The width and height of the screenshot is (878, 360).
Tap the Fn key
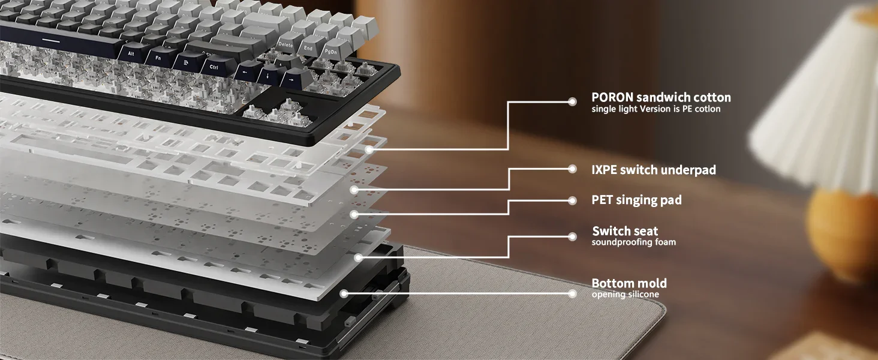point(158,58)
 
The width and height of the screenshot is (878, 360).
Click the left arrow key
point(246,72)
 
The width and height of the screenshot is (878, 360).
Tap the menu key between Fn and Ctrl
point(186,62)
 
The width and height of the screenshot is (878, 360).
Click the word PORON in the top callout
point(612,97)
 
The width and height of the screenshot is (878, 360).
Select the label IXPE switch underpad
point(654,170)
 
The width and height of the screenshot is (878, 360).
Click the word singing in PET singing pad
point(637,200)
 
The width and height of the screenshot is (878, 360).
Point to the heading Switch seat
point(625,230)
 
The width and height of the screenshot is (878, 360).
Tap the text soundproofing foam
point(633,242)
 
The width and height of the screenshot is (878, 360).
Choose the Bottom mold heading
point(629,283)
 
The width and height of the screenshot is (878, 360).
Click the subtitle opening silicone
point(625,294)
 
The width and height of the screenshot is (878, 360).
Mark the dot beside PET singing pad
point(572,201)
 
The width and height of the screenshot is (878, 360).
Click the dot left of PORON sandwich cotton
point(572,102)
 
